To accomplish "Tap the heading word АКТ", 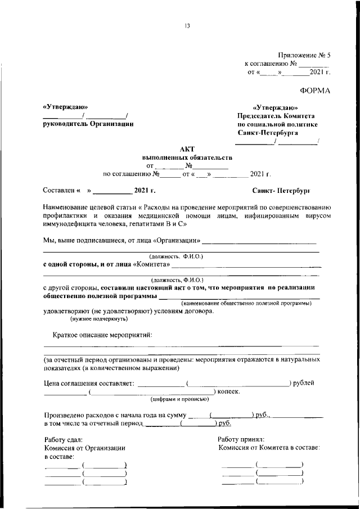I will coord(187,148).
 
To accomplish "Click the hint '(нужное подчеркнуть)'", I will coord(98,319).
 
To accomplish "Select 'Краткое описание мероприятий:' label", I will coord(102,335).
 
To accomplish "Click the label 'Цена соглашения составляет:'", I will coord(88,384).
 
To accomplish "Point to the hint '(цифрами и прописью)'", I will coord(179,399).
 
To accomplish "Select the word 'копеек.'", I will coord(228,391).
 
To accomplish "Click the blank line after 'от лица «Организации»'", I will coord(259,243).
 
